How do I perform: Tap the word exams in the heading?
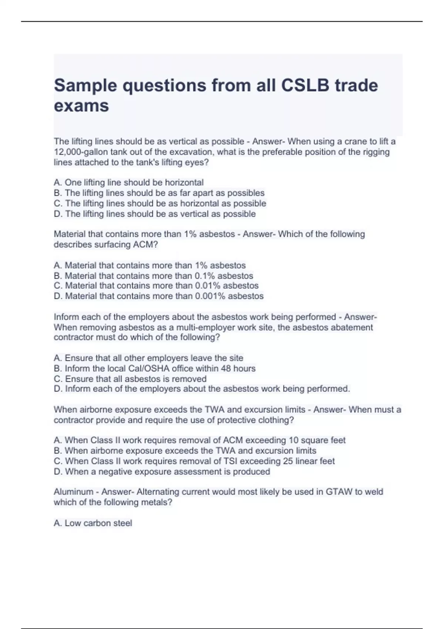(x=81, y=106)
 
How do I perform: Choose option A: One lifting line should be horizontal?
(x=129, y=183)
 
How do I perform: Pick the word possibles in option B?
(x=246, y=193)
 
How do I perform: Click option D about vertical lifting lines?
(x=155, y=214)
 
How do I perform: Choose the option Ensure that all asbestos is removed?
(x=130, y=379)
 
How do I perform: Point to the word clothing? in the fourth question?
(x=276, y=420)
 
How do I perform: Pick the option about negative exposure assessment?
(x=162, y=472)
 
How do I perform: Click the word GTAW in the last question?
(x=339, y=492)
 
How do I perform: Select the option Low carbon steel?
(x=93, y=523)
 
